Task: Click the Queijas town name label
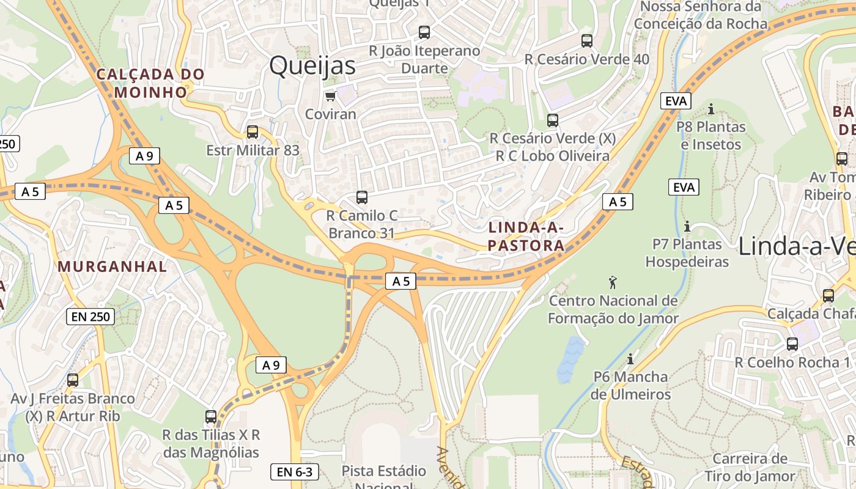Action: tap(312, 65)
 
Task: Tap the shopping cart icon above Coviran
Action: tap(330, 97)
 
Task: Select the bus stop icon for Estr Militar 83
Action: tap(252, 132)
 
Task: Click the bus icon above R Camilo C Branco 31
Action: tap(362, 197)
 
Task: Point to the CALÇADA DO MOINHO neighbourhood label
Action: tap(150, 83)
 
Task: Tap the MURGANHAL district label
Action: tap(112, 267)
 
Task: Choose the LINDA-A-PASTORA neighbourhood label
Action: tap(526, 237)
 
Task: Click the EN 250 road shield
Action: tap(90, 317)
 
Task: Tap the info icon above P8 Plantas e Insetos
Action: tap(710, 109)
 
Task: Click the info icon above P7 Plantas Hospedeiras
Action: tap(687, 227)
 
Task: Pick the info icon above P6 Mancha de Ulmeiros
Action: tap(630, 359)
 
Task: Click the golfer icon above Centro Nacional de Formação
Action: tap(613, 282)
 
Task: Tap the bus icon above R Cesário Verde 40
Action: tap(587, 41)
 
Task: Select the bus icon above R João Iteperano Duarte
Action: tap(424, 32)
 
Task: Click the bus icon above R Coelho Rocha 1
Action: tap(792, 344)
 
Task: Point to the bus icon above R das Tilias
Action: tap(211, 417)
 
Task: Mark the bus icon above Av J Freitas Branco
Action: tap(73, 380)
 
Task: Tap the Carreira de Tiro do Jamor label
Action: tap(750, 468)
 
